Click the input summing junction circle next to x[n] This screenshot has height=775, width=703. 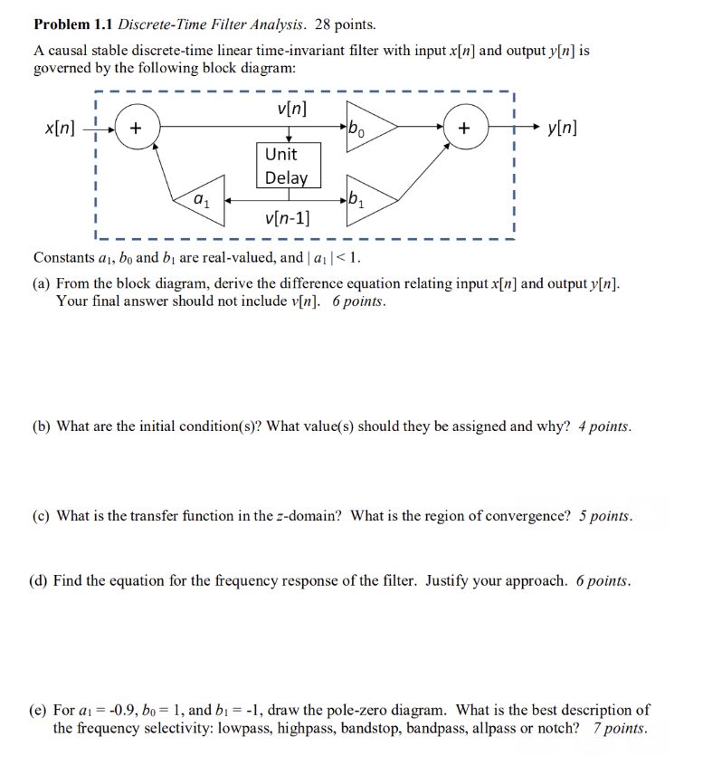click(x=137, y=129)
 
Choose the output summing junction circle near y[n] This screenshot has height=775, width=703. click(x=464, y=129)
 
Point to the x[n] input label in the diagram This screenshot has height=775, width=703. click(x=60, y=129)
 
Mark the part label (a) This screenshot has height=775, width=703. click(x=42, y=283)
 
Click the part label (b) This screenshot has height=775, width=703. click(x=42, y=426)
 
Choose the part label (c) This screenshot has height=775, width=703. click(x=42, y=516)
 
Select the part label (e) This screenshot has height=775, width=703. click(x=42, y=711)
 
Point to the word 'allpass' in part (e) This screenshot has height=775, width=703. click(x=495, y=728)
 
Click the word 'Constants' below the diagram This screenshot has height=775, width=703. click(x=63, y=257)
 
